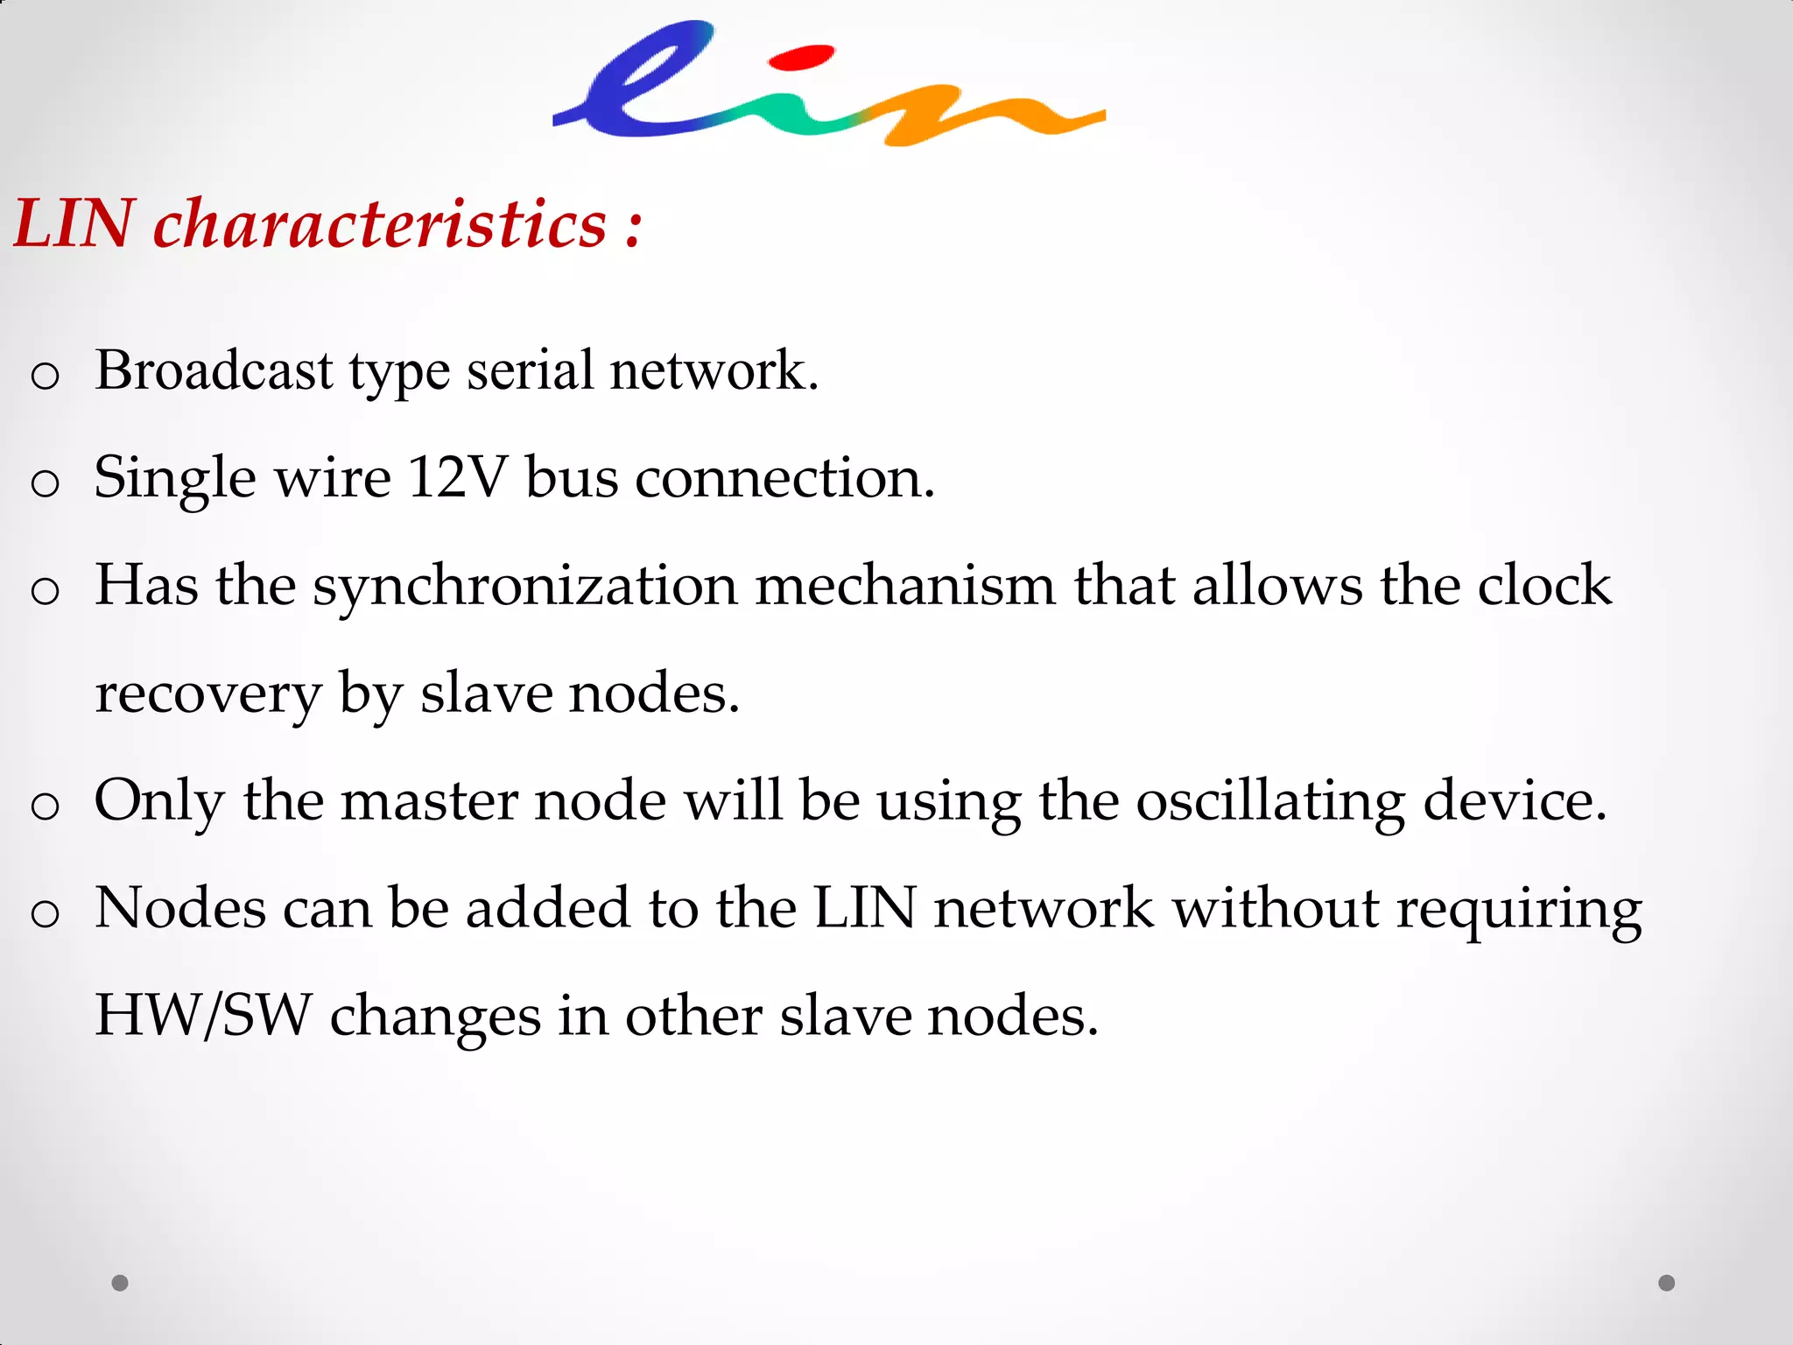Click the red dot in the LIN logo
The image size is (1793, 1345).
point(800,58)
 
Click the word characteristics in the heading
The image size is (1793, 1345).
point(380,224)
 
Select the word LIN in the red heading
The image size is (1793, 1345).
point(74,224)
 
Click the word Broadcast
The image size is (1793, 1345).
point(214,370)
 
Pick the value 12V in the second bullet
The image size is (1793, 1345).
point(457,478)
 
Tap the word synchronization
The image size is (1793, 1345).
point(525,587)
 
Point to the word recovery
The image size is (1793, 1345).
point(208,695)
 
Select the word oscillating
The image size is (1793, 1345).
point(1271,802)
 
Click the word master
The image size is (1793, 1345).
point(429,800)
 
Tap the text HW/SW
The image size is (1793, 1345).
point(203,1016)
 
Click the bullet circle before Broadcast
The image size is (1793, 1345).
point(45,376)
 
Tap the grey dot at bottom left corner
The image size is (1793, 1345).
point(120,1283)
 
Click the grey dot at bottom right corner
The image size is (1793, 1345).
point(1667,1283)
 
